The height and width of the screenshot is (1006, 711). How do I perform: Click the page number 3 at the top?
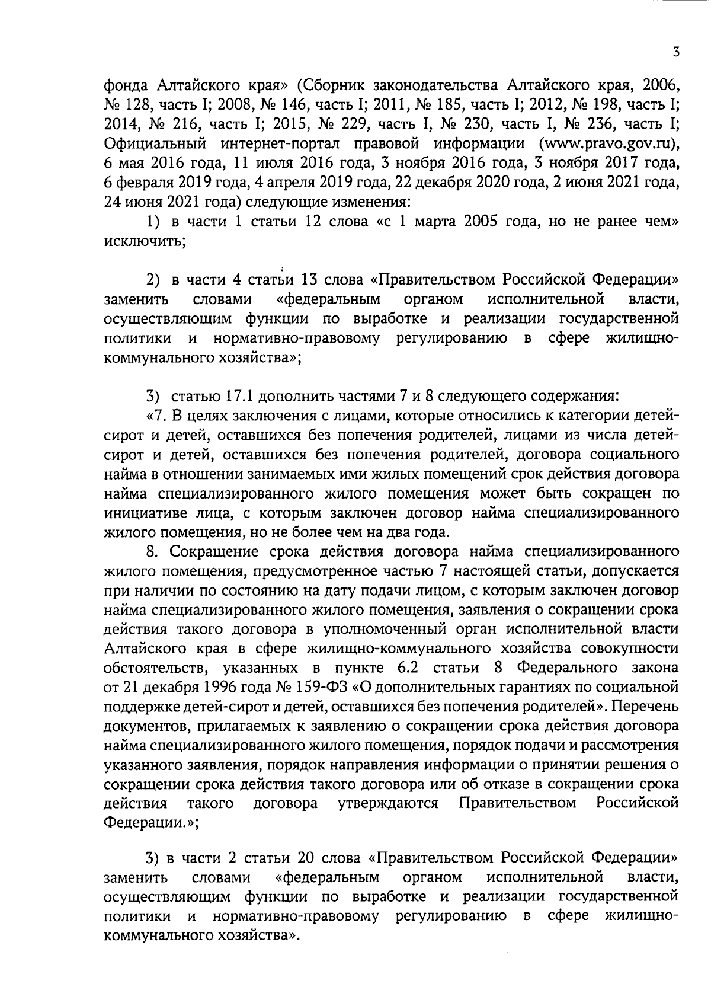coord(675,52)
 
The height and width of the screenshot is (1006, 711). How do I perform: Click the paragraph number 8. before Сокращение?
coord(153,551)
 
